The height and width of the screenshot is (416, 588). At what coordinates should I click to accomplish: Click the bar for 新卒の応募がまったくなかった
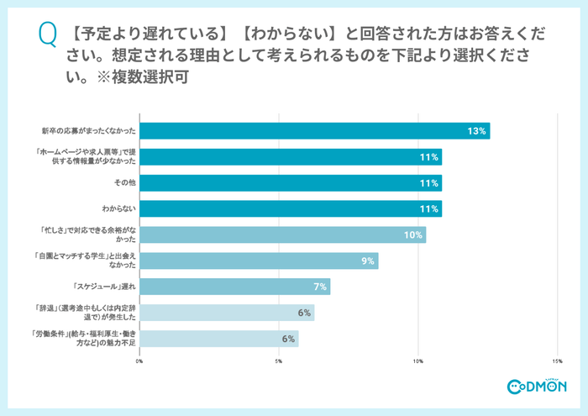(314, 131)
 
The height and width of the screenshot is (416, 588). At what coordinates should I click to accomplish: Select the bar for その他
(290, 183)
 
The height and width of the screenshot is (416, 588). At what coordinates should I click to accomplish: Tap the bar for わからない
(290, 209)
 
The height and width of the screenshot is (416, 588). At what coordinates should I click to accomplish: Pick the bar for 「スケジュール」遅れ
(234, 287)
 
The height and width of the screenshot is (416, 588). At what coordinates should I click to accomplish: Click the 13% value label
(477, 131)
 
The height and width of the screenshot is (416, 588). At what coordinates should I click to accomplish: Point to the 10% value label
(412, 235)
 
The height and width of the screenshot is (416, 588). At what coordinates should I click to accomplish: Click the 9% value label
(367, 261)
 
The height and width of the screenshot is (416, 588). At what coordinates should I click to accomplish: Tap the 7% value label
(319, 287)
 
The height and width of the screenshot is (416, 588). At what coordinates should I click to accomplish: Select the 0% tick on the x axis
(139, 361)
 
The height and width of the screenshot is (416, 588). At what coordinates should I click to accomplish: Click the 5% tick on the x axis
(279, 361)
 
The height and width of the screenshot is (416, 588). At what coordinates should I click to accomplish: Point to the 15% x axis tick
(556, 361)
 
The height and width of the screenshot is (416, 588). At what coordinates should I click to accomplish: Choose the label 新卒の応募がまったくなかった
(89, 131)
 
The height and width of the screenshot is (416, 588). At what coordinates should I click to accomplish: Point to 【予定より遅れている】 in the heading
(127, 34)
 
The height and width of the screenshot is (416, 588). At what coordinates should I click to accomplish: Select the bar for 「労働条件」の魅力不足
(218, 339)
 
